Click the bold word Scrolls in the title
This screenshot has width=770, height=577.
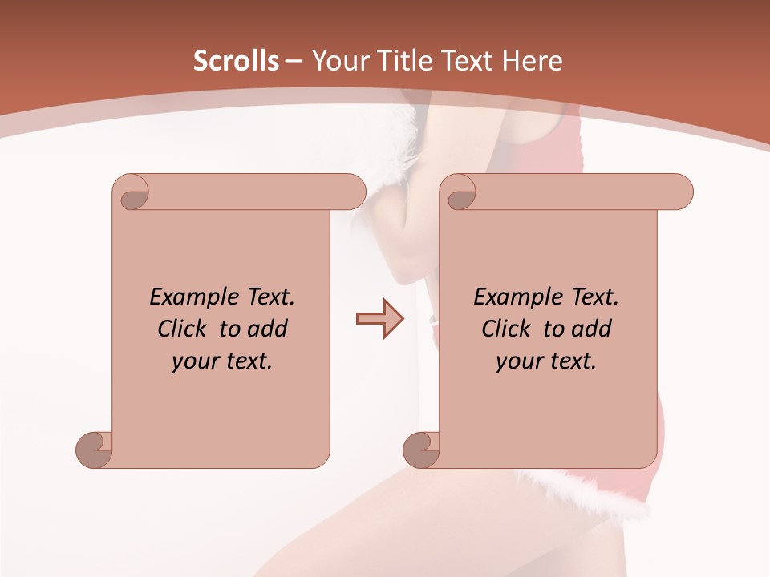(237, 61)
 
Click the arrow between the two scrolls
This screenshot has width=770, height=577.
(379, 319)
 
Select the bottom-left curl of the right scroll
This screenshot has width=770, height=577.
(420, 450)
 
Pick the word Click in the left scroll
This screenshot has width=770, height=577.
(184, 329)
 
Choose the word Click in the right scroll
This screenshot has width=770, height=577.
(507, 329)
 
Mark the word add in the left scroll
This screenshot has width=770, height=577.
(268, 329)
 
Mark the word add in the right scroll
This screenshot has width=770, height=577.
(592, 329)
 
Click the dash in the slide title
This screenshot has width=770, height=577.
(294, 61)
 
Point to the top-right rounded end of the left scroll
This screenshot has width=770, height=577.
(353, 192)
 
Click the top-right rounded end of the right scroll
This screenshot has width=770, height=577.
(680, 192)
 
